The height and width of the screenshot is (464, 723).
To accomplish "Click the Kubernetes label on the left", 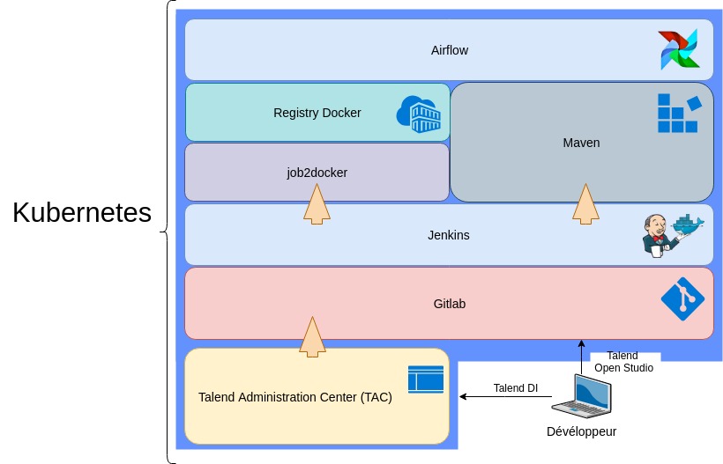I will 82,213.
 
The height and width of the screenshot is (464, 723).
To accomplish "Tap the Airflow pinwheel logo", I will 678,49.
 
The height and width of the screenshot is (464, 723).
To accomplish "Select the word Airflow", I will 450,50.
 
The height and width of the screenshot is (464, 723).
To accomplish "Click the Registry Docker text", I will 317,113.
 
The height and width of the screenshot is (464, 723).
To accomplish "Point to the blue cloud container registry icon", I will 419,114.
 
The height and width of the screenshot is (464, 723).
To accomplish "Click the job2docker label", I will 317,173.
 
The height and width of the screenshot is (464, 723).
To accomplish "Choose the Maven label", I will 581,142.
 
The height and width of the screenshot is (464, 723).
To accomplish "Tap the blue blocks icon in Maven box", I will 678,113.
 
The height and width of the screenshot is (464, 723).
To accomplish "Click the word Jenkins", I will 449,235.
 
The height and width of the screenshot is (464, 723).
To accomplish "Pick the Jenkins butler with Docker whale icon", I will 672,234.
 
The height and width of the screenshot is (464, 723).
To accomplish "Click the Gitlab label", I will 450,304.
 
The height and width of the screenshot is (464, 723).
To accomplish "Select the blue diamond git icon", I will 682,298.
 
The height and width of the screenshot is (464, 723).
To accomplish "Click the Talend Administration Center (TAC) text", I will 295,397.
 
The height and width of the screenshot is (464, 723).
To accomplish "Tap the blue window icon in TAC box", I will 426,379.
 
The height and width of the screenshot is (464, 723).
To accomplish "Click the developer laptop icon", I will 581,396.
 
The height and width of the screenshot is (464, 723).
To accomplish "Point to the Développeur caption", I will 581,431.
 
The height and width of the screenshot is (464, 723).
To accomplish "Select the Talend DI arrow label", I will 515,387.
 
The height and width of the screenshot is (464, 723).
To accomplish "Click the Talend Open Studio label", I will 623,362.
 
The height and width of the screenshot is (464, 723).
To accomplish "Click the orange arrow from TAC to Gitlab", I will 312,336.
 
